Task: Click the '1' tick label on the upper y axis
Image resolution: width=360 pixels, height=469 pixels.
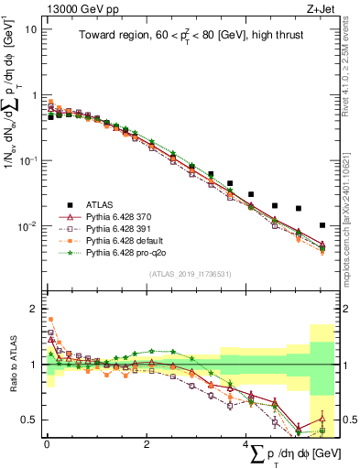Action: [34, 95]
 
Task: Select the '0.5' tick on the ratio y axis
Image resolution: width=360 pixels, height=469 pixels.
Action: [29, 420]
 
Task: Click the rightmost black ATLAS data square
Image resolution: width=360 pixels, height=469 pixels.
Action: [322, 224]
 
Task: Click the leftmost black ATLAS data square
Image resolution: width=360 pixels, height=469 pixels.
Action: [51, 117]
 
